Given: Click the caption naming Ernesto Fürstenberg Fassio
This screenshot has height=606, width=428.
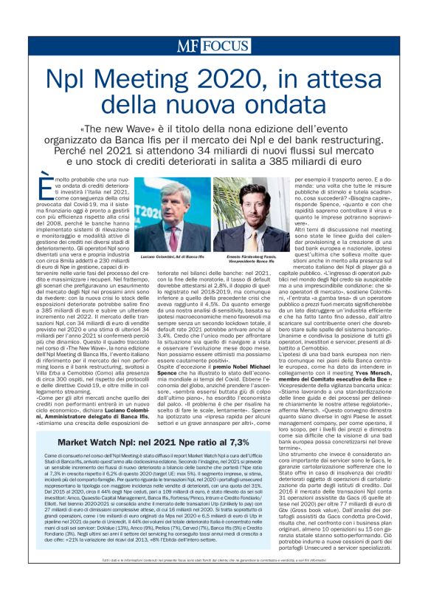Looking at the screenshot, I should [x=250, y=259].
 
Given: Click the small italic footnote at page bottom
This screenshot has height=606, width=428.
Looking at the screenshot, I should [x=213, y=584].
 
